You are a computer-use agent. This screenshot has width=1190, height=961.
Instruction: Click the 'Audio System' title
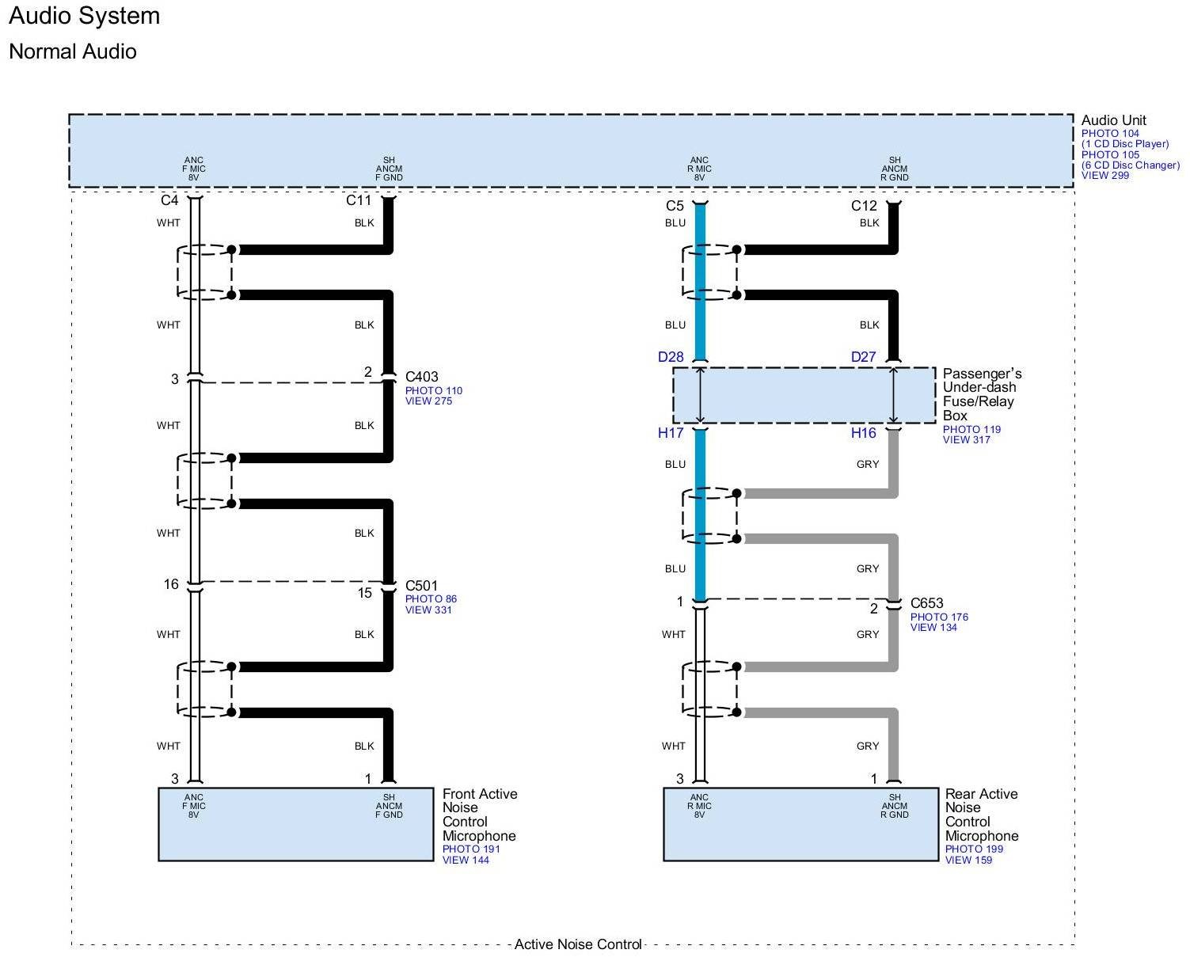click(x=84, y=16)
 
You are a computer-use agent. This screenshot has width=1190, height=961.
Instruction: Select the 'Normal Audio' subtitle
click(x=73, y=51)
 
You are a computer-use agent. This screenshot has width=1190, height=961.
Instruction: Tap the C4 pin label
click(x=169, y=200)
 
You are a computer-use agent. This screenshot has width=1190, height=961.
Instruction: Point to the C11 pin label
click(x=359, y=200)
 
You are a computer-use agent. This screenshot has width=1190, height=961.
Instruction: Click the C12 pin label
click(x=864, y=206)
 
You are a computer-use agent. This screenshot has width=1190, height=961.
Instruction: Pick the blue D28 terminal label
click(x=671, y=357)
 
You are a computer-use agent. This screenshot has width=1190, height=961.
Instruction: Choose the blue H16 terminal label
click(x=864, y=433)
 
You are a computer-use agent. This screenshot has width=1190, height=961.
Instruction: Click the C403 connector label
click(x=421, y=377)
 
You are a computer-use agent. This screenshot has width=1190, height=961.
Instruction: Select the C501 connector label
click(x=421, y=586)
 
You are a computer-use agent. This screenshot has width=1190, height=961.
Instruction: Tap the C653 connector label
click(x=926, y=603)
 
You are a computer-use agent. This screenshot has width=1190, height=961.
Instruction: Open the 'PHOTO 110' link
click(x=433, y=391)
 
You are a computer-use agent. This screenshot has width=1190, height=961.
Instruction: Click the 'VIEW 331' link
click(x=428, y=610)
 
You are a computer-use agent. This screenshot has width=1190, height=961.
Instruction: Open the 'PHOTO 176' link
click(x=939, y=617)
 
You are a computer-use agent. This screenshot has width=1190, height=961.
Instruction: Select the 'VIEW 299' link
click(x=1105, y=176)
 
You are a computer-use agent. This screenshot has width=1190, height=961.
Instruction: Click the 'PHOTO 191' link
click(x=471, y=849)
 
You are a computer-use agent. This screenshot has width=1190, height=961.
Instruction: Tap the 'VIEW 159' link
click(x=968, y=860)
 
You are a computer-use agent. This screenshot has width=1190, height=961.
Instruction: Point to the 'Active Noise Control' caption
click(x=578, y=944)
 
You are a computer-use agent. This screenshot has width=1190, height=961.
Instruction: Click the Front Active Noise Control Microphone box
click(x=295, y=824)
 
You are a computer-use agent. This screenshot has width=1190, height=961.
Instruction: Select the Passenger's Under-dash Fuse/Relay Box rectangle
click(x=804, y=395)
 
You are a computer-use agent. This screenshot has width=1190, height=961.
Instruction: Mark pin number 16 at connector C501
click(x=171, y=585)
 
